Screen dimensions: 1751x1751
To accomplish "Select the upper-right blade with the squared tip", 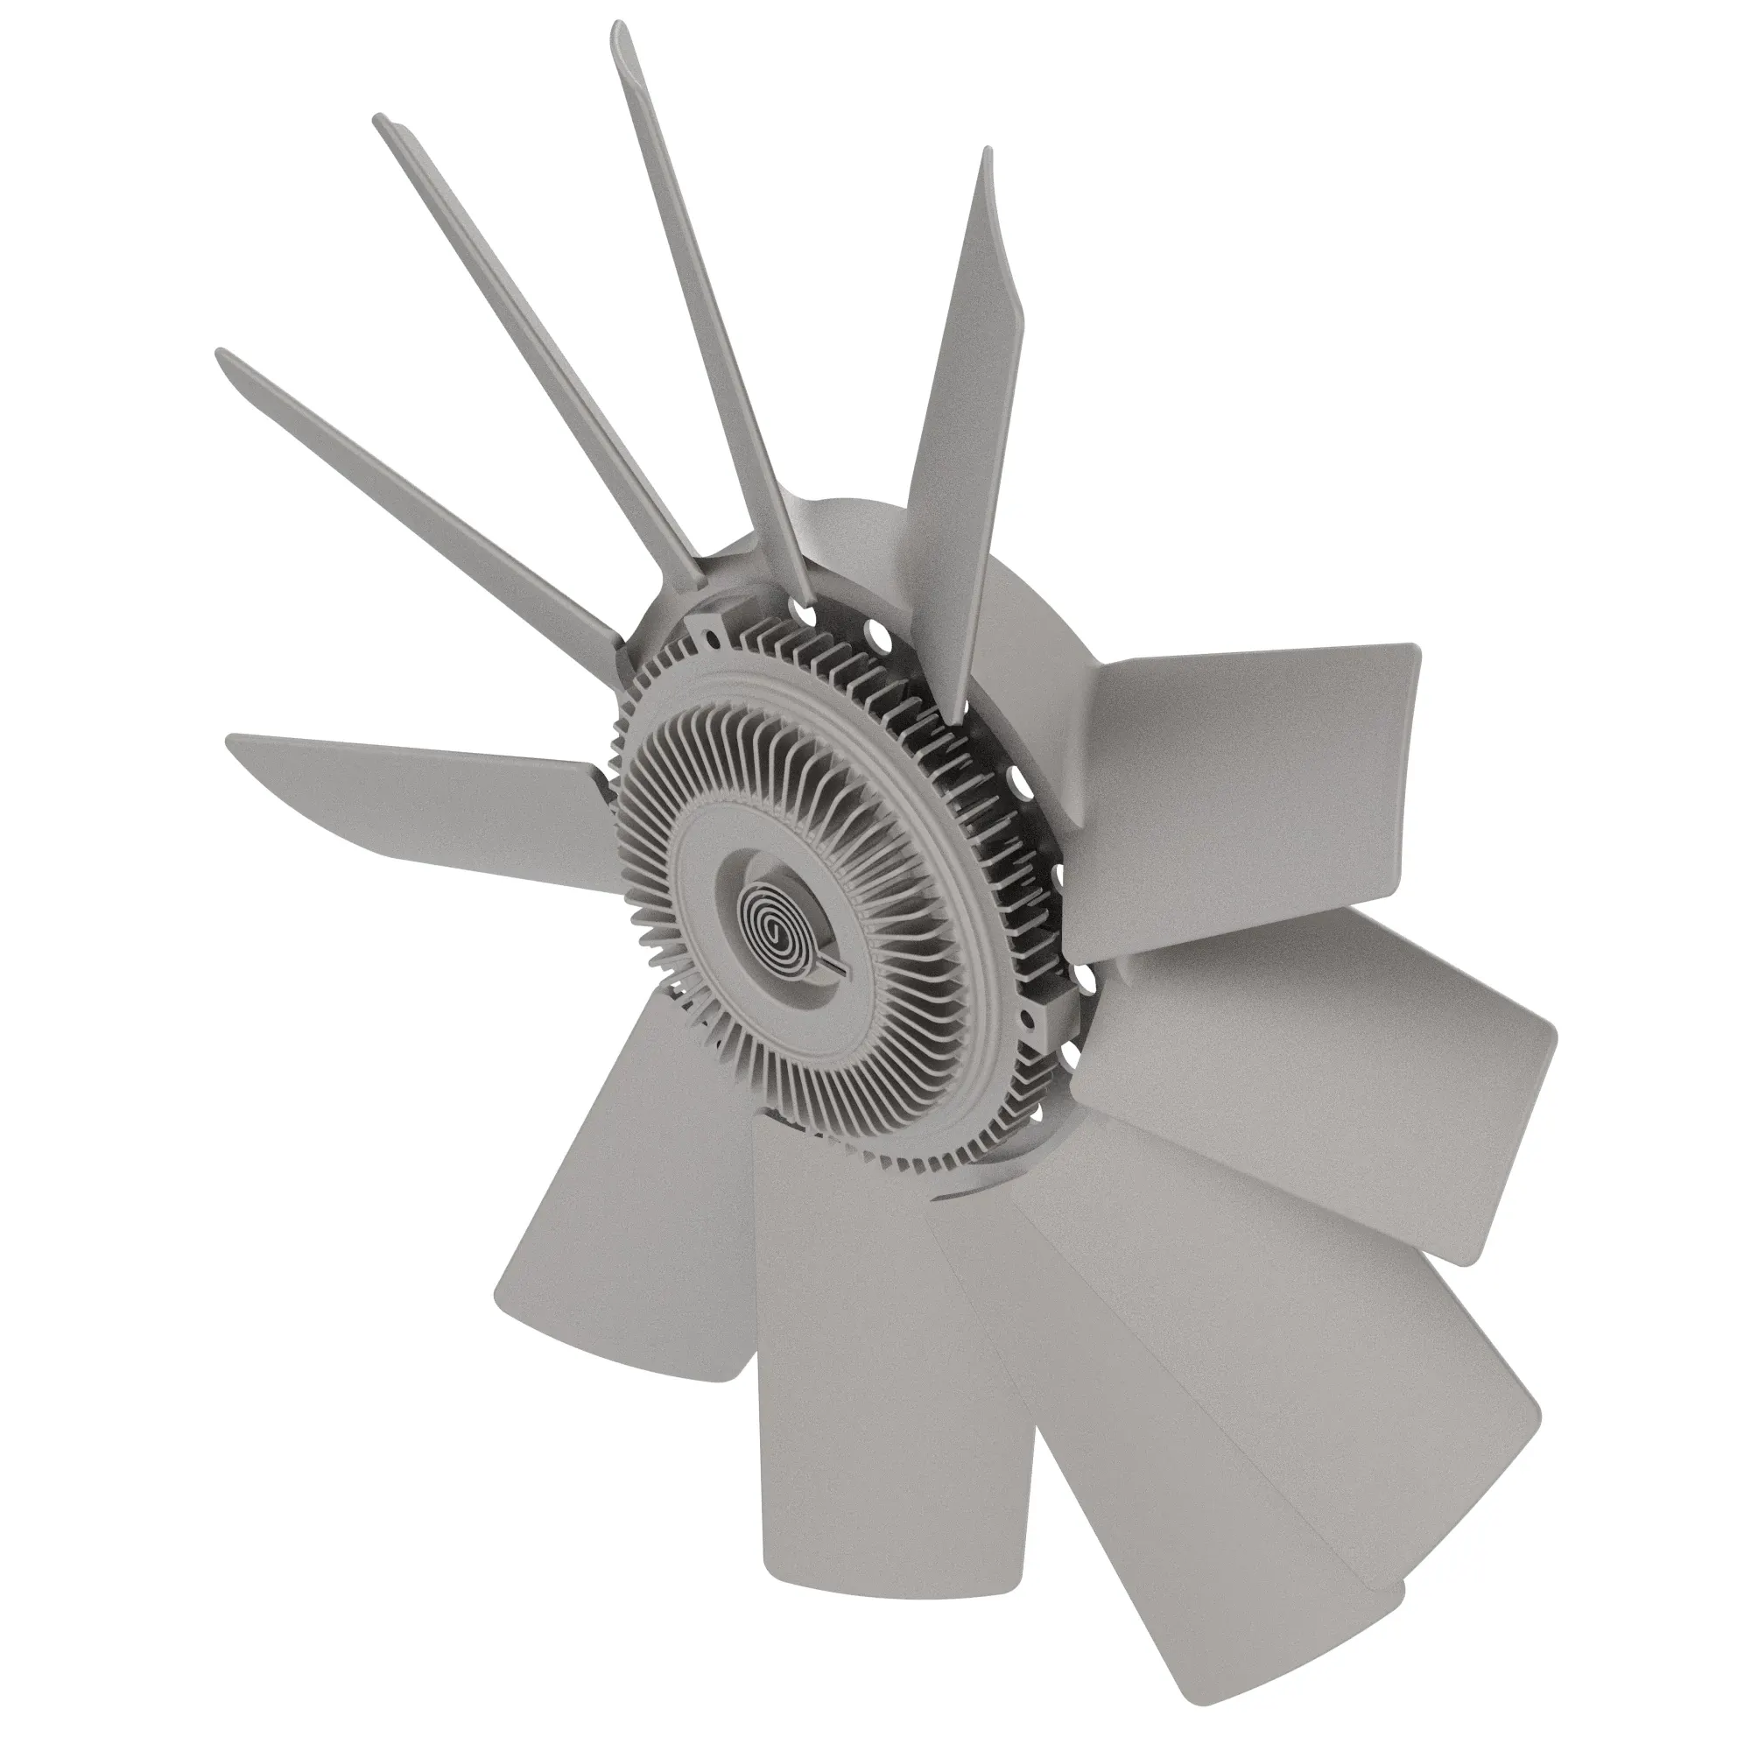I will coord(1260,762).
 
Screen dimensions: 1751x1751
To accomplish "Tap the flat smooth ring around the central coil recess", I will coord(725,852).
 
